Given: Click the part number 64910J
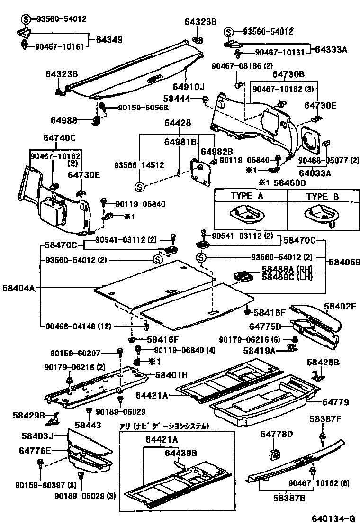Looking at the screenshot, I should click(x=189, y=87).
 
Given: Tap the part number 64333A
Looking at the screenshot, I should click(x=332, y=49).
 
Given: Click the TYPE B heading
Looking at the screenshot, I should click(x=322, y=196).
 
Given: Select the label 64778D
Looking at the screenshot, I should click(x=277, y=434).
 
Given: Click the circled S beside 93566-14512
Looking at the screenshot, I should click(x=140, y=187).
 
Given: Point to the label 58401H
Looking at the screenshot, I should click(x=172, y=375).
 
